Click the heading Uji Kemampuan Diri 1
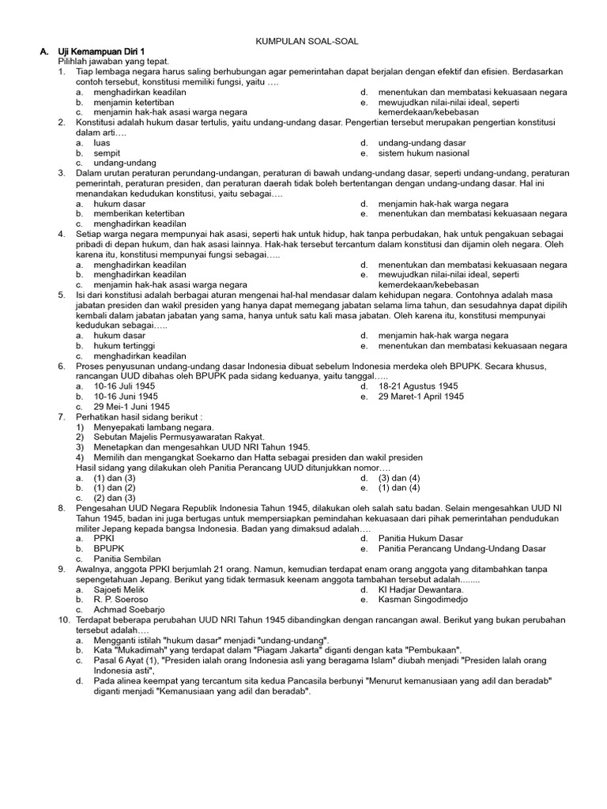[100, 51]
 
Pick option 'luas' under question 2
[102, 143]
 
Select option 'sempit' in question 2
[107, 153]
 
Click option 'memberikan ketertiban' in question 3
[139, 213]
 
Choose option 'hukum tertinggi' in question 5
[124, 345]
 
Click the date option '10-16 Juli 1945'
[125, 386]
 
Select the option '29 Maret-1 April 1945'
[421, 397]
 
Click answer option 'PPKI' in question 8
[104, 538]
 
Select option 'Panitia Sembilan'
[127, 559]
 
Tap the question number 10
[64, 620]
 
